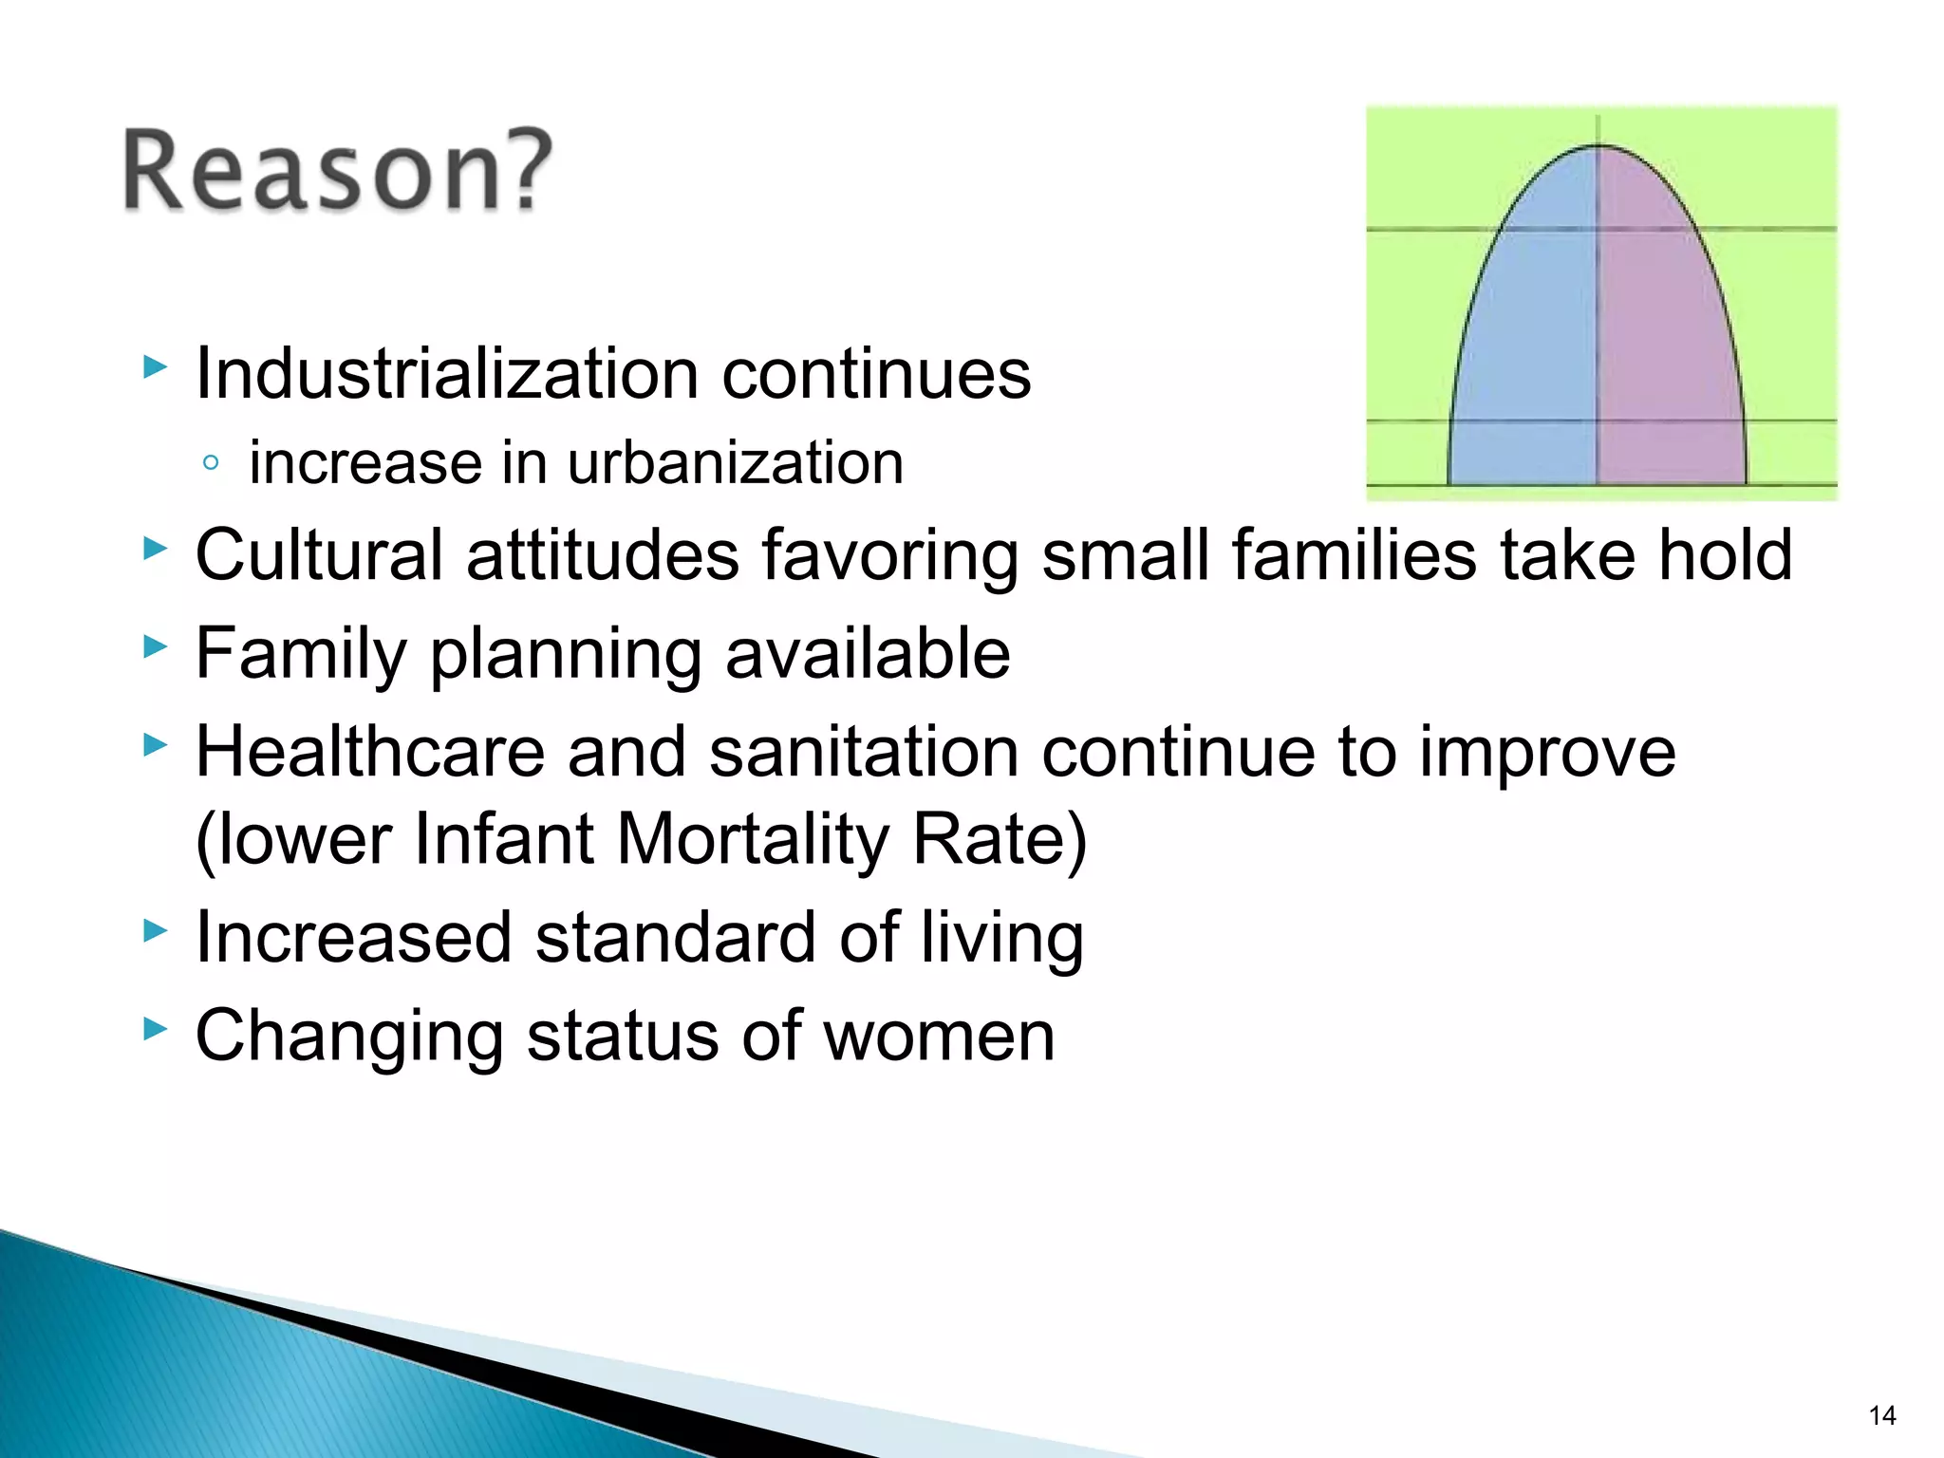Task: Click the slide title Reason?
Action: (x=337, y=171)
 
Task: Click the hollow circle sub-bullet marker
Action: (x=211, y=463)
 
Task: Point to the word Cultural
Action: (x=319, y=554)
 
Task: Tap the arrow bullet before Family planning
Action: (x=155, y=648)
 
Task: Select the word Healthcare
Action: (x=370, y=752)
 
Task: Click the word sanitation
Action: (x=864, y=752)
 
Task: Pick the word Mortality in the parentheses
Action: (x=754, y=839)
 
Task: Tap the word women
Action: (x=939, y=1036)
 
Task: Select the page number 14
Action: (x=1881, y=1416)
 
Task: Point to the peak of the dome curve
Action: (x=1598, y=146)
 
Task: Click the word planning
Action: (x=565, y=655)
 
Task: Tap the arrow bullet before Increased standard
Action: (x=155, y=931)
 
